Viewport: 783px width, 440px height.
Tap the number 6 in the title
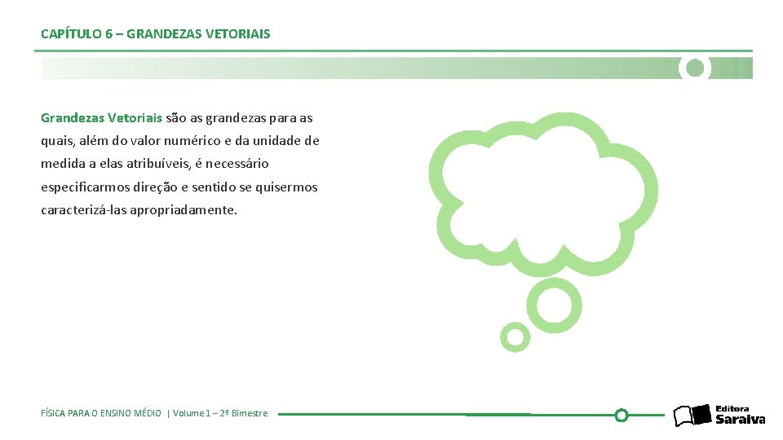tap(109, 34)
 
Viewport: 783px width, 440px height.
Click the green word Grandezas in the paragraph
tap(73, 118)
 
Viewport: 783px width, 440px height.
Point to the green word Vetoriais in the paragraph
tap(135, 118)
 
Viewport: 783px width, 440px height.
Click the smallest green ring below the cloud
tap(515, 336)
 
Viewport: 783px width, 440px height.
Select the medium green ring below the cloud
tap(554, 305)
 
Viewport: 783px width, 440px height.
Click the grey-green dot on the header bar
tap(695, 68)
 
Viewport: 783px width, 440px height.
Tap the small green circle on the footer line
tap(621, 415)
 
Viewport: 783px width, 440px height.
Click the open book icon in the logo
tap(692, 416)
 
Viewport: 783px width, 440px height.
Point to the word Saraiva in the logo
tap(741, 420)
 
